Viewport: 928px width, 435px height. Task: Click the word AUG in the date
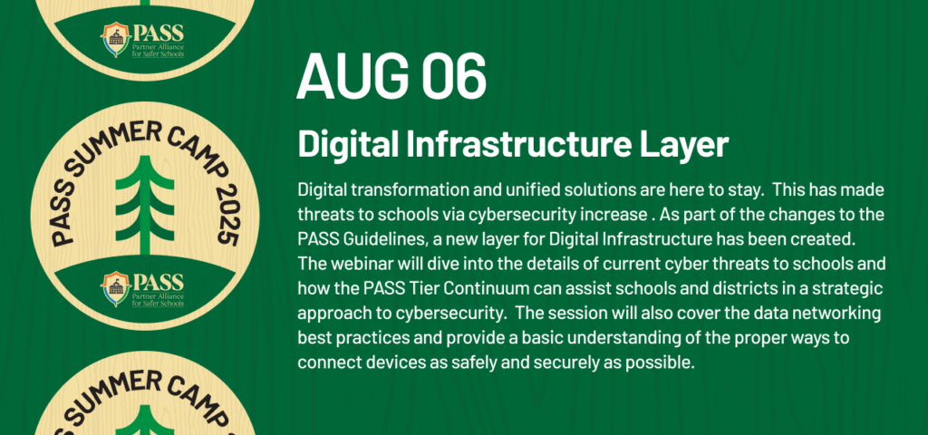(x=354, y=76)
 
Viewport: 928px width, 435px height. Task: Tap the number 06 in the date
(x=454, y=76)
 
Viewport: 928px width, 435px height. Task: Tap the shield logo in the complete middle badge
(x=116, y=289)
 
